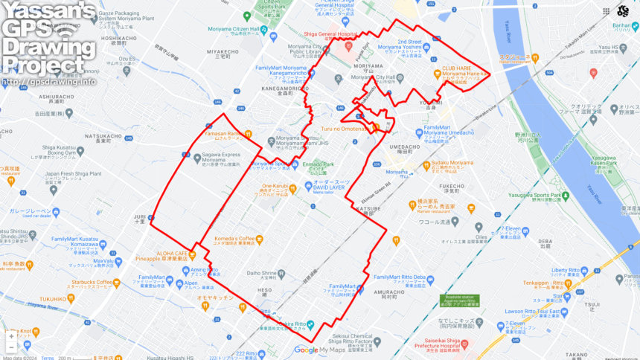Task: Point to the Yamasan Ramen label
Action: click(x=224, y=134)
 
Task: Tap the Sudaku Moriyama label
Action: click(x=452, y=163)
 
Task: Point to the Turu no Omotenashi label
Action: click(x=345, y=129)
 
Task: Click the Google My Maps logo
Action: click(x=320, y=350)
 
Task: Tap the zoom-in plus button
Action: click(x=11, y=335)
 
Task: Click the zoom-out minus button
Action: click(x=11, y=347)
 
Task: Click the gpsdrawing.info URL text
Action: click(x=49, y=81)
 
